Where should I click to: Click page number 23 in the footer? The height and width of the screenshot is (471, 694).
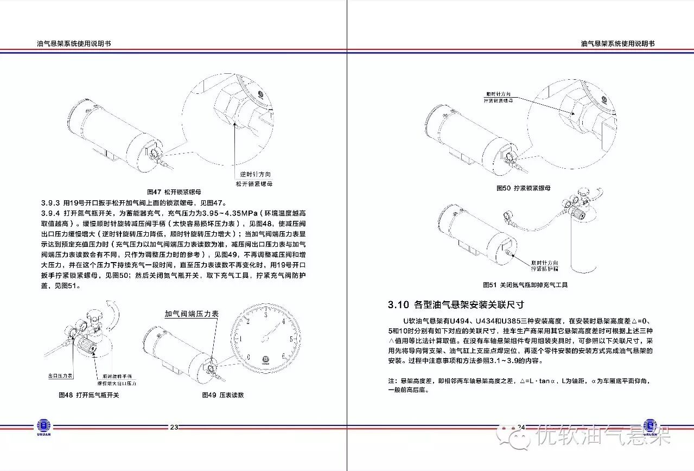click(x=174, y=427)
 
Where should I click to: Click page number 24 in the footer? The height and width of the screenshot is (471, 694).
click(x=521, y=427)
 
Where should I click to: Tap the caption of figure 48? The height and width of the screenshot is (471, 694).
click(x=88, y=395)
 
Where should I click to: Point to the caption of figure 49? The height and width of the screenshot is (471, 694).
click(x=222, y=395)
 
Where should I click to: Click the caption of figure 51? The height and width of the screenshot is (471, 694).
click(x=525, y=284)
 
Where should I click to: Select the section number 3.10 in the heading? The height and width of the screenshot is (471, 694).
click(x=398, y=304)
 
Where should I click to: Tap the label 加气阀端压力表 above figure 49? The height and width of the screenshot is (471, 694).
click(x=192, y=314)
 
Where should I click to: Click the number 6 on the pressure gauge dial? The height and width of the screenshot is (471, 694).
click(x=283, y=357)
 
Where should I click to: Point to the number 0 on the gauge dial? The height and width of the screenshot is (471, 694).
click(x=248, y=357)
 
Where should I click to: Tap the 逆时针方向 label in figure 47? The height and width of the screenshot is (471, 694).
click(x=255, y=175)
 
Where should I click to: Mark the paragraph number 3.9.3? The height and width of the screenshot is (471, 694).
click(x=52, y=203)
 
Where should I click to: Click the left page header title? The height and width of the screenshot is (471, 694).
click(x=74, y=44)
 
